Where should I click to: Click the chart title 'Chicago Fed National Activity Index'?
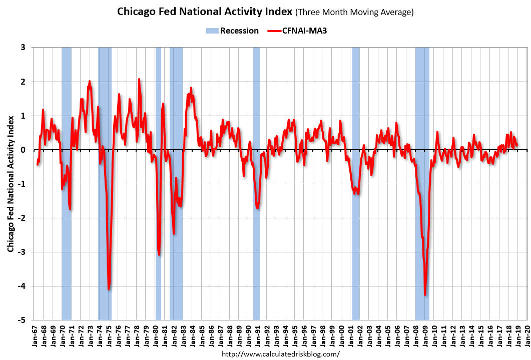[x=204, y=12]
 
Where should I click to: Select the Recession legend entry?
[x=232, y=31]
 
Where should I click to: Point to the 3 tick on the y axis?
[x=24, y=48]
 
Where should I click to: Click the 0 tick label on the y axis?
[x=24, y=150]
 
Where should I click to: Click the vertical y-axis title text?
[x=10, y=183]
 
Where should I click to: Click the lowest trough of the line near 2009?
[x=425, y=295]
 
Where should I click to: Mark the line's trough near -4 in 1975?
[x=109, y=289]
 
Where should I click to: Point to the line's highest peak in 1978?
[x=139, y=79]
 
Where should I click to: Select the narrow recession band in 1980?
[x=158, y=200]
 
